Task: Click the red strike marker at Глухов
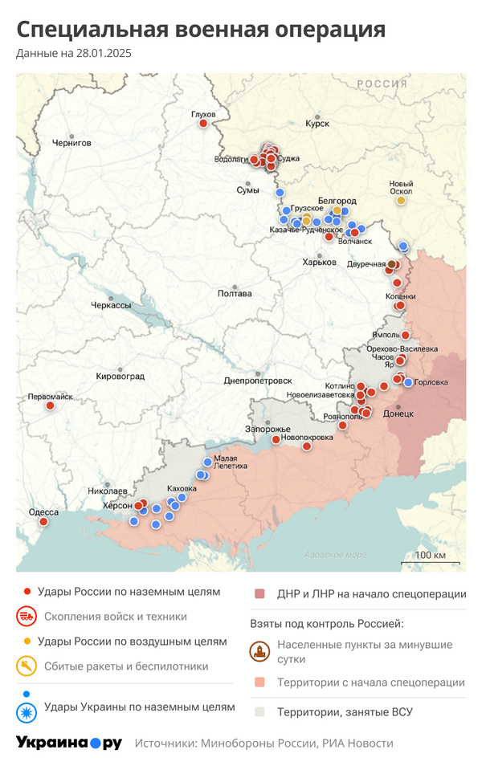pos(203,123)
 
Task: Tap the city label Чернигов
pos(71,142)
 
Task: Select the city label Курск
pos(317,123)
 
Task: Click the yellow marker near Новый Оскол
pos(401,200)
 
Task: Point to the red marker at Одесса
pos(43,521)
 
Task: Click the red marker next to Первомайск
pos(51,405)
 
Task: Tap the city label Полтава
pos(235,293)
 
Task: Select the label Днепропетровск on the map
pos(258,380)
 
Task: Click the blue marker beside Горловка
pos(408,382)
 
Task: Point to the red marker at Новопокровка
pos(306,446)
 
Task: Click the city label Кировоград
pos(120,376)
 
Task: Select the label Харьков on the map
pos(318,262)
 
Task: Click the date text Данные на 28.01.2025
pos(74,54)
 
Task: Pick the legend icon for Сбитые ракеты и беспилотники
pos(27,666)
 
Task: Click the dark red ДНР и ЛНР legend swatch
pos(259,594)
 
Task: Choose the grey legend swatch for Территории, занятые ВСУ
pos(259,711)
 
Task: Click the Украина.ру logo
pos(68,743)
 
